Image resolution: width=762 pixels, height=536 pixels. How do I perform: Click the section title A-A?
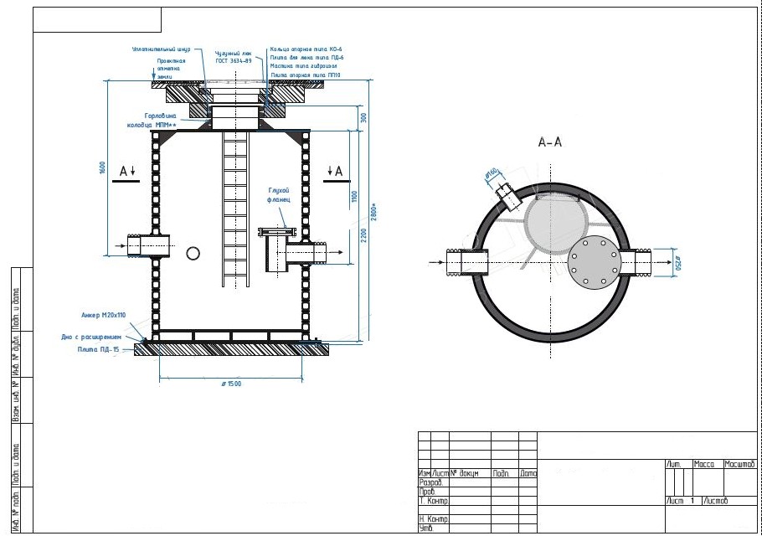(x=549, y=142)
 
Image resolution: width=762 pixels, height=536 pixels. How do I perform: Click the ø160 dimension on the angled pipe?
(x=492, y=174)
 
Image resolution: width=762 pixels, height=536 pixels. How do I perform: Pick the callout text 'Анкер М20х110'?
(x=101, y=316)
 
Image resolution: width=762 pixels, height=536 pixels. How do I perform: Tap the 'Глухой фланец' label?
(x=279, y=196)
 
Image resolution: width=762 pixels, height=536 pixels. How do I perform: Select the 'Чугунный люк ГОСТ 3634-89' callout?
(x=234, y=54)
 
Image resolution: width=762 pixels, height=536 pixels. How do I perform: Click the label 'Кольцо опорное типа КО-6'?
(x=306, y=49)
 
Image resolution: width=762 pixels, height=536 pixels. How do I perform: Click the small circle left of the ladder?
(x=193, y=253)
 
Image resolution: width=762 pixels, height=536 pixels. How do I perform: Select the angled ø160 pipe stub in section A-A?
(x=506, y=194)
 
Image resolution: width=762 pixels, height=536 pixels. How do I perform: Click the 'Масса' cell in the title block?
(x=703, y=464)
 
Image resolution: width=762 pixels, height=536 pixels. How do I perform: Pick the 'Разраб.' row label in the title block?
(x=431, y=482)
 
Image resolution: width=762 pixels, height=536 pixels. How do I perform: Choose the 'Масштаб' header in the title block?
(x=739, y=464)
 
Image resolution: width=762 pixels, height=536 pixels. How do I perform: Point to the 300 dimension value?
(x=363, y=117)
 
